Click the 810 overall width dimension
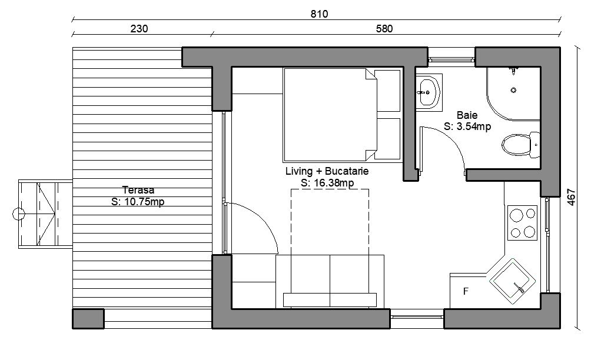pyautogui.click(x=319, y=14)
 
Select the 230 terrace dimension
pyautogui.click(x=139, y=29)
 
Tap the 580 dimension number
pyautogui.click(x=384, y=29)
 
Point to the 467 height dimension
pyautogui.click(x=571, y=197)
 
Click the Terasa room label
pyautogui.click(x=138, y=190)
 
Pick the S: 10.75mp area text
pyautogui.click(x=138, y=201)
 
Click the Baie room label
pyautogui.click(x=467, y=115)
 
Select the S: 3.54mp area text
pyautogui.click(x=467, y=126)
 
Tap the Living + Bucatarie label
pyautogui.click(x=327, y=171)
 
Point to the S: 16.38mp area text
pyautogui.click(x=327, y=183)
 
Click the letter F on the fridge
pyautogui.click(x=466, y=291)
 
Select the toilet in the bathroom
pyautogui.click(x=521, y=144)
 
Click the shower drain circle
pyautogui.click(x=514, y=91)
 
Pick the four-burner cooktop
pyautogui.click(x=523, y=223)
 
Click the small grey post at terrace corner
pyautogui.click(x=88, y=319)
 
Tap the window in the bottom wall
pyautogui.click(x=417, y=317)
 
